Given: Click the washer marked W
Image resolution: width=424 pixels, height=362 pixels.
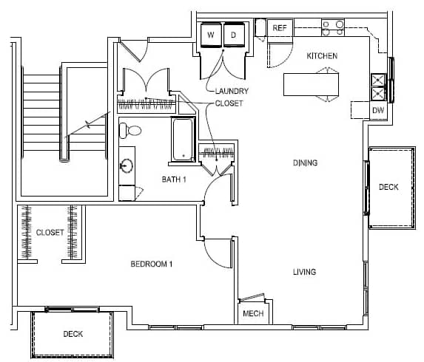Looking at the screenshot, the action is pos(211,35).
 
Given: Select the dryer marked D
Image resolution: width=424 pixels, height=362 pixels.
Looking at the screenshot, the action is pos(234,35).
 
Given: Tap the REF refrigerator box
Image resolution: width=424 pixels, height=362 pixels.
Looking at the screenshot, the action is pos(280,28).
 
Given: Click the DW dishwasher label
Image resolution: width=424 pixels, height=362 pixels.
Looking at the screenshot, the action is pos(378,110).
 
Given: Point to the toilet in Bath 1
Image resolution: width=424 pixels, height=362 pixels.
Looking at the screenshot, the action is pos(130,131).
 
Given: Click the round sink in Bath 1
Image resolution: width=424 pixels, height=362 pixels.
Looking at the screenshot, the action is pos(127,165).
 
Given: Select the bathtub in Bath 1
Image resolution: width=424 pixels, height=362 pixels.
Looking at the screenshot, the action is pos(183,140).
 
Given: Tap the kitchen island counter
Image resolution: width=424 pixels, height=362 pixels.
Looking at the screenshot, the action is pos(311,84).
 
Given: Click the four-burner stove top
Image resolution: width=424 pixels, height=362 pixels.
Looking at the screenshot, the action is pos(333,28).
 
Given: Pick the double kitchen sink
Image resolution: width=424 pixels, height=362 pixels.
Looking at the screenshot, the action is pos(378,87).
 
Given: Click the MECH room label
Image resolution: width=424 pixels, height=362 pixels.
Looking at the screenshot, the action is pos(253,314).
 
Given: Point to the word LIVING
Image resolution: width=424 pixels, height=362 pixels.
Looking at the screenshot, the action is pos(304,272).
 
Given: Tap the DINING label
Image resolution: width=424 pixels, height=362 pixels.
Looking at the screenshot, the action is pos(306,163).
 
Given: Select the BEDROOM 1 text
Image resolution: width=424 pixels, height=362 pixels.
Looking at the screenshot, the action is pos(152,264).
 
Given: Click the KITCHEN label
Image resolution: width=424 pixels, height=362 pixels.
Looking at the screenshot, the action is pos(322,56).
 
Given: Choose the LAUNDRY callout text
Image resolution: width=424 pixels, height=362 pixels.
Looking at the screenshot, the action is pos(232,92).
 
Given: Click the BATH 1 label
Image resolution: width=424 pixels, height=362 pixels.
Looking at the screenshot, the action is pos(174,180).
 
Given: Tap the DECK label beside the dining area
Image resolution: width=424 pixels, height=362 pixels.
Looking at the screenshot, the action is pos(388,187).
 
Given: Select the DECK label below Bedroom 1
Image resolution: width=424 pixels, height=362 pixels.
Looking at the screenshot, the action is pos(73,334).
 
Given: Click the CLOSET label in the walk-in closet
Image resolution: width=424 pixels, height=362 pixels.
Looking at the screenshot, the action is pos(50,233).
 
